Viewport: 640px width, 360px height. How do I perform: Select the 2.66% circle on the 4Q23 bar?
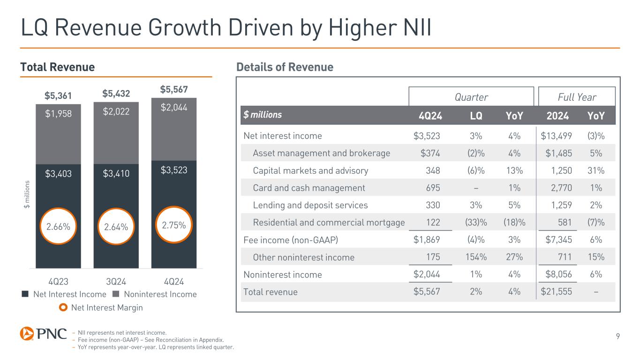(x=59, y=226)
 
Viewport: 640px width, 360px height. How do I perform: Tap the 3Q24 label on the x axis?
(x=116, y=282)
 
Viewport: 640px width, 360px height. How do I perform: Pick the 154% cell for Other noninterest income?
(x=475, y=257)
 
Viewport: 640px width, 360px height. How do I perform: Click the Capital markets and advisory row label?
(x=310, y=171)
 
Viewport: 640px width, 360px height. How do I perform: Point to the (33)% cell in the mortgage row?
(x=475, y=223)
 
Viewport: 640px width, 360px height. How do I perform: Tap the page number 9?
(x=617, y=335)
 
